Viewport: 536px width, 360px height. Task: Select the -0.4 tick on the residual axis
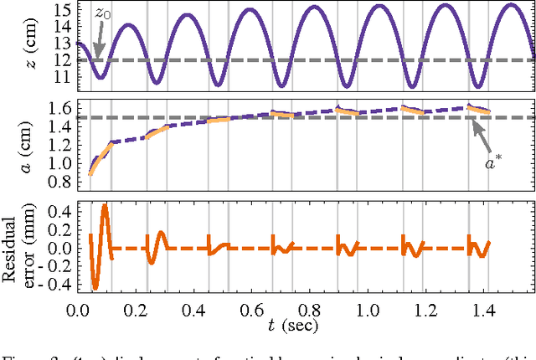[x=52, y=284]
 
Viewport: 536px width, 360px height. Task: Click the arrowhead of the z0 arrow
[x=98, y=57]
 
